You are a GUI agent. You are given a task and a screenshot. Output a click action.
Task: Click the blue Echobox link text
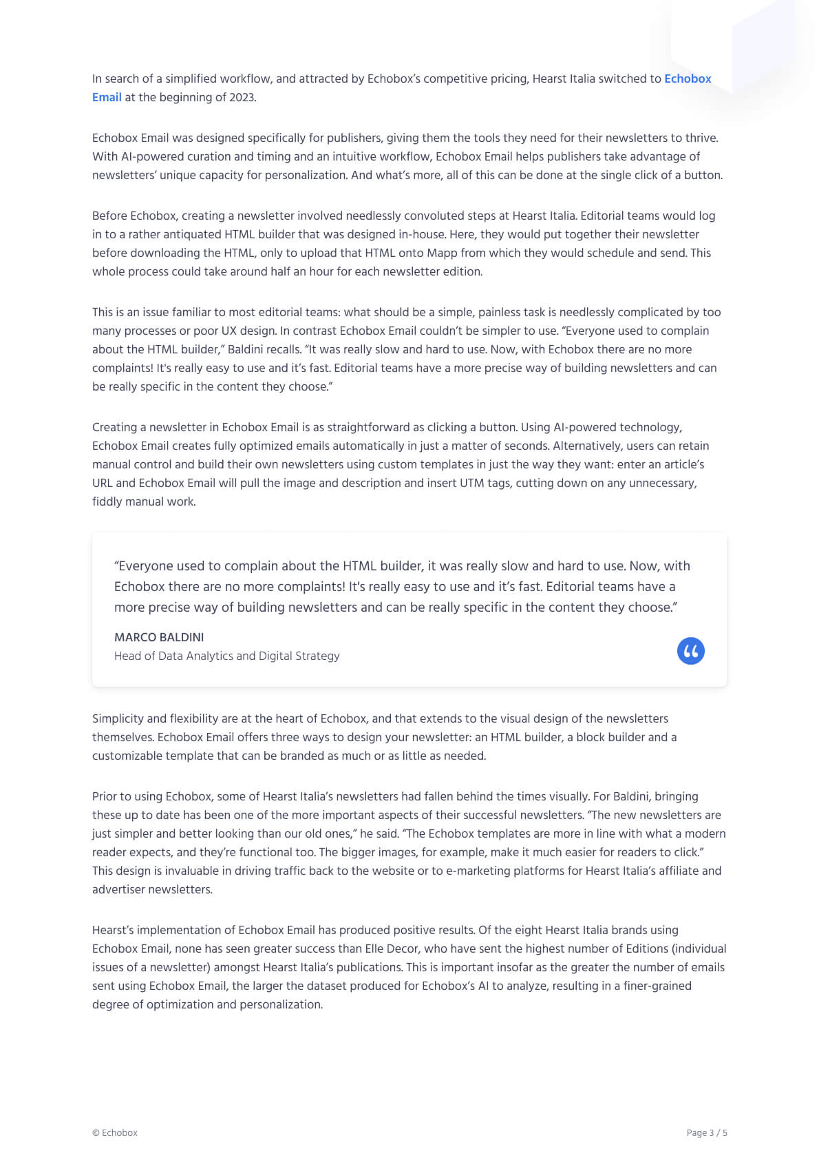click(687, 79)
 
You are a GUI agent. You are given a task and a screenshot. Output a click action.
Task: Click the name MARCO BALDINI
click(159, 637)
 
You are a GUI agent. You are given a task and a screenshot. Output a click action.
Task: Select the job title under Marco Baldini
click(226, 656)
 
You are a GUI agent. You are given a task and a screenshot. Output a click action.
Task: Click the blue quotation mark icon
click(690, 651)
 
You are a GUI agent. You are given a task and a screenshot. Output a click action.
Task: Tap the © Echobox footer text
click(115, 1132)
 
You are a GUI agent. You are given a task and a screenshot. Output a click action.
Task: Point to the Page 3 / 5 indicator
click(706, 1132)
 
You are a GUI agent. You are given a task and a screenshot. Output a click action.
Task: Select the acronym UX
click(229, 331)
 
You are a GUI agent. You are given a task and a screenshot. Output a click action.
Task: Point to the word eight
click(528, 930)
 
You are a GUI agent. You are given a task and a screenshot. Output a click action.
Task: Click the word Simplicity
click(118, 718)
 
